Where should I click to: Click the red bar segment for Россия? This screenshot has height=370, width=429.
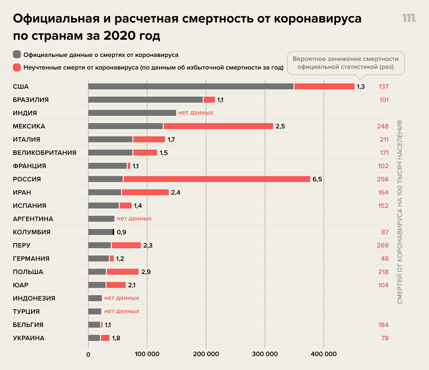coord(217,179)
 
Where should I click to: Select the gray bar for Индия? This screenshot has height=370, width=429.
coord(132,113)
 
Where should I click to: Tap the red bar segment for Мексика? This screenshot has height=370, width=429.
coord(218,126)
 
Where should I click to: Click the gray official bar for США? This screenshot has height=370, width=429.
coord(191,86)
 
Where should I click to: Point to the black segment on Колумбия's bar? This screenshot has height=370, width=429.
coord(113,232)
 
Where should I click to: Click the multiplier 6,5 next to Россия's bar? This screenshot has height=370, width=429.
coord(317,179)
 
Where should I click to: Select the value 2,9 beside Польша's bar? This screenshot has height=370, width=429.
coord(146,272)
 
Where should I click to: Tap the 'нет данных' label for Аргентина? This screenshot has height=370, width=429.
coord(134,219)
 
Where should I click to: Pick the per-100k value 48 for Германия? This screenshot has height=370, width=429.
coord(384,259)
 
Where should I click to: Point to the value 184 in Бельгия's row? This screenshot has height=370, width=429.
coord(383,325)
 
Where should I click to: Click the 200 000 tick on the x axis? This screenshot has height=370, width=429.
coord(206,354)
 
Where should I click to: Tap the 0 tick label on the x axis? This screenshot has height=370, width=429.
coord(88,354)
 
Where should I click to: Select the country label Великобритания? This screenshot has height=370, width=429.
coord(45,153)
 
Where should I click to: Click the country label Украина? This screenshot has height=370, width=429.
coord(28,338)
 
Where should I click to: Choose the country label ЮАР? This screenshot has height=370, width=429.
coord(21,285)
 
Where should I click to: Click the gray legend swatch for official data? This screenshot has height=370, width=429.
coord(17,55)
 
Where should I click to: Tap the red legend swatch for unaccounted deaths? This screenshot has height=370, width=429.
coord(17,68)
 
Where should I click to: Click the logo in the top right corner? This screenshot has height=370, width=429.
coord(409,18)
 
